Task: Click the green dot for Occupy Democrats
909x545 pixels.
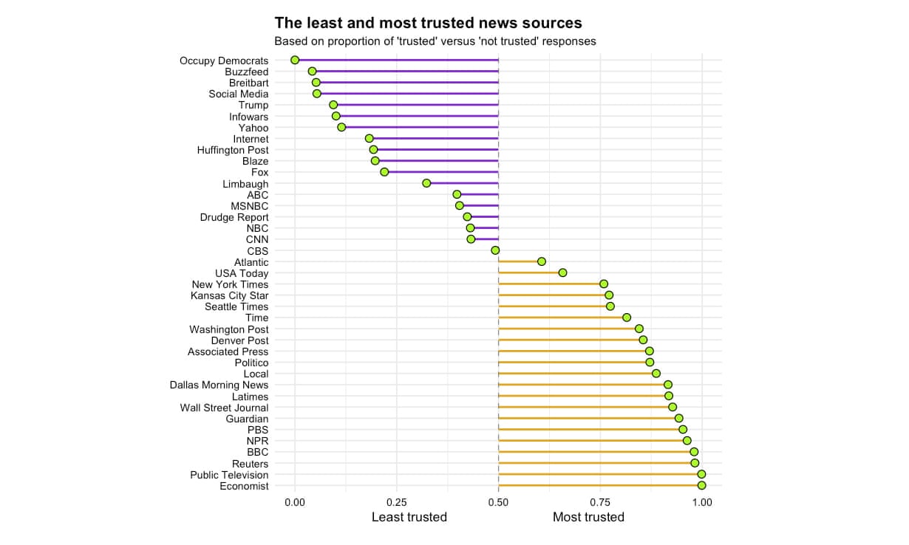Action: (x=295, y=60)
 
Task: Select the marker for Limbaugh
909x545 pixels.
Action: (x=426, y=183)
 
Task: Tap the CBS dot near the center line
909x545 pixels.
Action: (x=495, y=250)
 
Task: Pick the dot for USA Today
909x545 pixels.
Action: (x=562, y=272)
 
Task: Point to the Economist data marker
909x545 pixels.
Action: (x=701, y=485)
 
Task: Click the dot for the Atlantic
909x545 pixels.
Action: (x=542, y=261)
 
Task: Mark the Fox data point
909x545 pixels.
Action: (x=384, y=172)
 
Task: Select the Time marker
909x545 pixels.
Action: (x=627, y=318)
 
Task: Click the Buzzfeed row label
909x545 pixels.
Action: (x=246, y=72)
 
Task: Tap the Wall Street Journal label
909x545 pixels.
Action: (x=224, y=408)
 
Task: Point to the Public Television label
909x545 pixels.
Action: (x=229, y=475)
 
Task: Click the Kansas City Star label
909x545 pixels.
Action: (x=229, y=295)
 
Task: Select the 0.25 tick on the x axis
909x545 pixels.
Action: (x=397, y=502)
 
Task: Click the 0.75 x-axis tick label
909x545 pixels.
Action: (x=600, y=502)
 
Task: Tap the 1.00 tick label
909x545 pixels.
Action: (x=701, y=502)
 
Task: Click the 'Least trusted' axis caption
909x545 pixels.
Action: (x=409, y=517)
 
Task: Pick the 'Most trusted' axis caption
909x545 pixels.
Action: (x=588, y=517)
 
